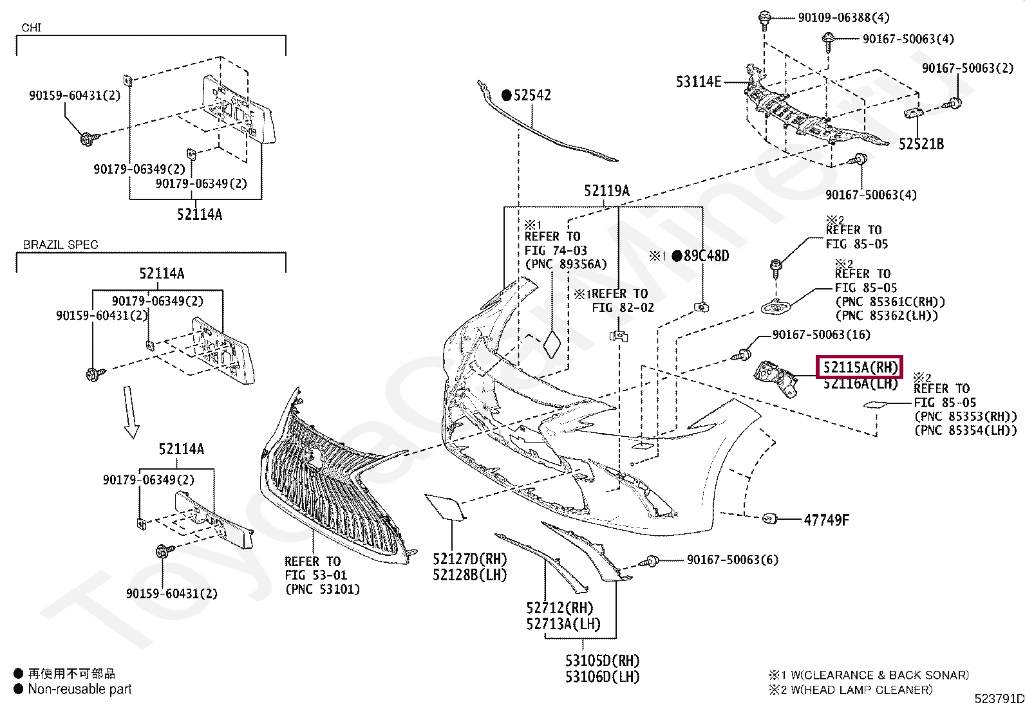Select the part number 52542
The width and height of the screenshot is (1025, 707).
532,95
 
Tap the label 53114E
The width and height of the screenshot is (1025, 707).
699,82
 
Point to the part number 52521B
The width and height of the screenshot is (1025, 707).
921,144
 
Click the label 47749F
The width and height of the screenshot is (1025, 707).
827,520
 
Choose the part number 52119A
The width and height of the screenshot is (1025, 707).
607,190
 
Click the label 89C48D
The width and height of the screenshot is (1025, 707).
706,256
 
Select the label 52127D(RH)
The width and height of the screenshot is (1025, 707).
470,559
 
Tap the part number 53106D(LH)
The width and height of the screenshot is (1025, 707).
602,677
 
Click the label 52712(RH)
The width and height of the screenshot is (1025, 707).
560,608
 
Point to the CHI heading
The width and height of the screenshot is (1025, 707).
31,28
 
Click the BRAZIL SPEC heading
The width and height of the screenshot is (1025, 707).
61,244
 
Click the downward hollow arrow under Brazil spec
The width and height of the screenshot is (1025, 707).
131,412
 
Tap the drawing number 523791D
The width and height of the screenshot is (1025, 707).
999,698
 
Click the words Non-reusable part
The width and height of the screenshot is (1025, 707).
80,689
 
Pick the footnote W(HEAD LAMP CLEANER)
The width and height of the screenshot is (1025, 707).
861,690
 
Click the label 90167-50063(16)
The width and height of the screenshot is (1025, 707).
822,335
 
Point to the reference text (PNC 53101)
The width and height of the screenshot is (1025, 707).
323,589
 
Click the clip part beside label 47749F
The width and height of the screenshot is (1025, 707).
769,519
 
